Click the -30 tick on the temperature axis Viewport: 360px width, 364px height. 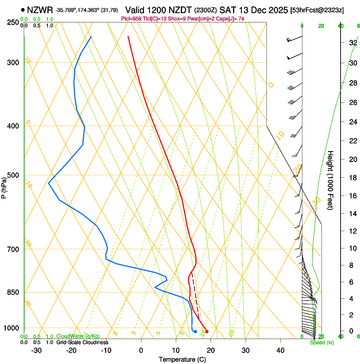pos(36,350)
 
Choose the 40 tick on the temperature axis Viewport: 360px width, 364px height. pos(280,350)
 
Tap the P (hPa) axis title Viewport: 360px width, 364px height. pos(4,187)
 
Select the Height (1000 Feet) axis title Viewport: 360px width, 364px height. pos(331,180)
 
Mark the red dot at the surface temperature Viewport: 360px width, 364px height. pos(207,331)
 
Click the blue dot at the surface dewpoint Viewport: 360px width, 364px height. pos(195,331)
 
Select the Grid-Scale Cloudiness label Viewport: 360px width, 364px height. pos(82,342)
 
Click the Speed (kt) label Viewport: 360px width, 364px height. pos(320,342)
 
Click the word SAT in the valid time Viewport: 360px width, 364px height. pos(227,9)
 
